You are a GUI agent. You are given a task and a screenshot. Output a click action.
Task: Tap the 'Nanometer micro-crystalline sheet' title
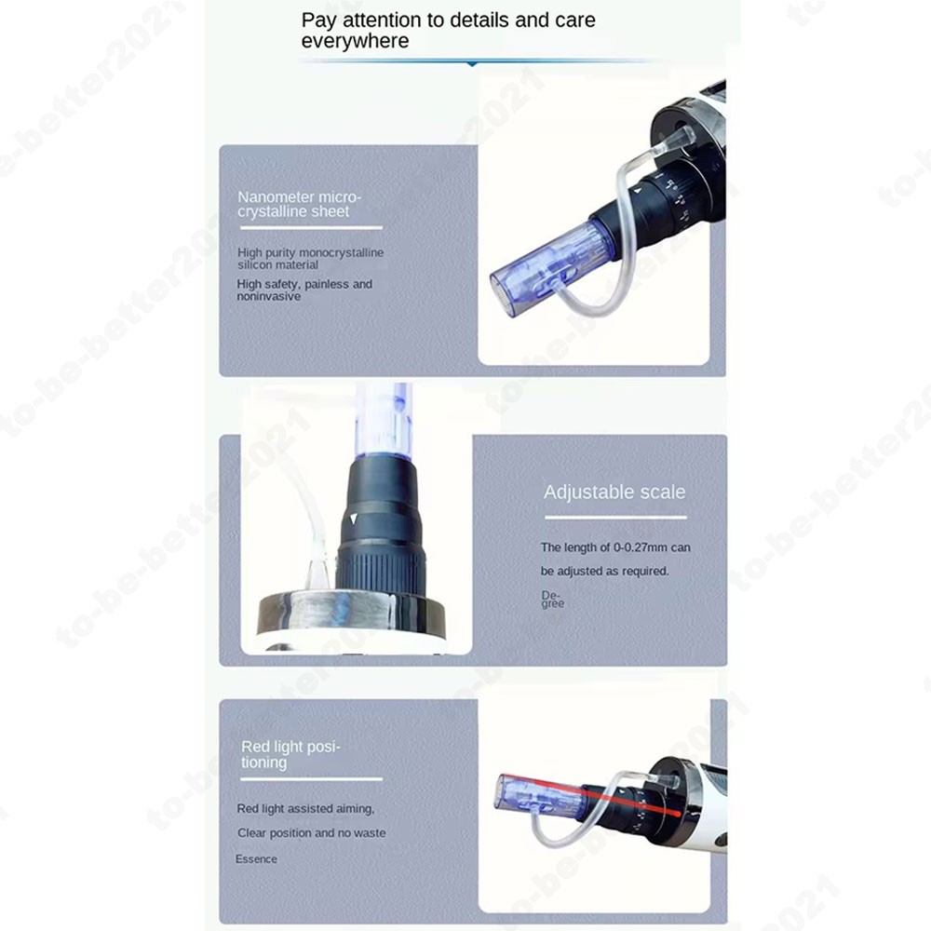pyautogui.click(x=299, y=204)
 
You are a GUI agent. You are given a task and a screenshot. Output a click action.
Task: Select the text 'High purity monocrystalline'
pyautogui.click(x=310, y=252)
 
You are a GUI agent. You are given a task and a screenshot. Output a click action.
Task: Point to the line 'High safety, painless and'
pyautogui.click(x=304, y=284)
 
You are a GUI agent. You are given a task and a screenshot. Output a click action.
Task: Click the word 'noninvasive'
pyautogui.click(x=268, y=297)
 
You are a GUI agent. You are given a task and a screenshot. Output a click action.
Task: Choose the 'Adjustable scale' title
pyautogui.click(x=614, y=492)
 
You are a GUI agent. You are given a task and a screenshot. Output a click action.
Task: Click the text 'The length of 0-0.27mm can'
pyautogui.click(x=615, y=547)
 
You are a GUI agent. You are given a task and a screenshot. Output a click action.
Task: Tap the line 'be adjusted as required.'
pyautogui.click(x=604, y=571)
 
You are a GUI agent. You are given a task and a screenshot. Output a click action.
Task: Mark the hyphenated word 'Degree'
pyautogui.click(x=552, y=599)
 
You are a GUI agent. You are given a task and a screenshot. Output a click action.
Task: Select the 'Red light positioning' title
pyautogui.click(x=290, y=754)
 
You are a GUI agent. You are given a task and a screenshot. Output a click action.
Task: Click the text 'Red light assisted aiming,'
pyautogui.click(x=305, y=809)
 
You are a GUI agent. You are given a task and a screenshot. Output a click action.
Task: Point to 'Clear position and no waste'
pyautogui.click(x=311, y=833)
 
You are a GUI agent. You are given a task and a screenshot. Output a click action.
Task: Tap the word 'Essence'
pyautogui.click(x=256, y=858)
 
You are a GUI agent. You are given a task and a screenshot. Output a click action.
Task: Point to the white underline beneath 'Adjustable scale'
pyautogui.click(x=614, y=517)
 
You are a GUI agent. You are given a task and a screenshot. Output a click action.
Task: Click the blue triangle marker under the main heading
pyautogui.click(x=472, y=63)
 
